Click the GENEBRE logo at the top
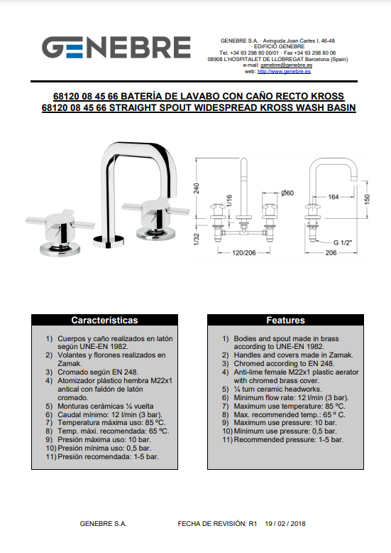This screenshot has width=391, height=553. pos(116,47)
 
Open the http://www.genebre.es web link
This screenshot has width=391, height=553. pos(284,71)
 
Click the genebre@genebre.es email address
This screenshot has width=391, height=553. pos(287,65)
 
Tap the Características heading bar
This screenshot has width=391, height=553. pos(104,320)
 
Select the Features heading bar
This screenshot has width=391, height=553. pos(285,320)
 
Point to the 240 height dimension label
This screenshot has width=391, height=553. pos(196,188)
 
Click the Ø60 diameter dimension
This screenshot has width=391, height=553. pos(287,193)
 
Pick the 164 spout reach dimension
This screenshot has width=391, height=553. pos(334,197)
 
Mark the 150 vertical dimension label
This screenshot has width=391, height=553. pos(367,199)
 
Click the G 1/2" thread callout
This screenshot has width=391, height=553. pos(343,242)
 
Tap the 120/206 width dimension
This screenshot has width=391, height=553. pos(244,252)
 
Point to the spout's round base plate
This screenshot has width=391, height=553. pos(109,240)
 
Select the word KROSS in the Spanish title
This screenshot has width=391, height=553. pos(327,96)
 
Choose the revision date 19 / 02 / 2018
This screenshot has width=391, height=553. pos(285,524)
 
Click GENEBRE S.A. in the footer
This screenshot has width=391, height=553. pos(103,524)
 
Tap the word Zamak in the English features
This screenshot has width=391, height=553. pos(340,355)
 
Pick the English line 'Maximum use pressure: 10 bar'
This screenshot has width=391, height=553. pos(285,422)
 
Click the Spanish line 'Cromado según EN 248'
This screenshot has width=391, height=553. pos(98,372)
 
